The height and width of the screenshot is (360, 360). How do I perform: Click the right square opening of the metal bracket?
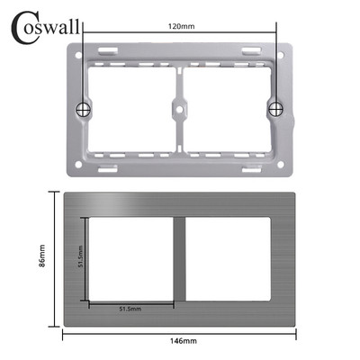pos(225,109)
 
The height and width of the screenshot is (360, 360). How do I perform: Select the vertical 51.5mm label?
pos(80,261)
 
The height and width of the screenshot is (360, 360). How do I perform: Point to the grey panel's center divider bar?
pos(181,260)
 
